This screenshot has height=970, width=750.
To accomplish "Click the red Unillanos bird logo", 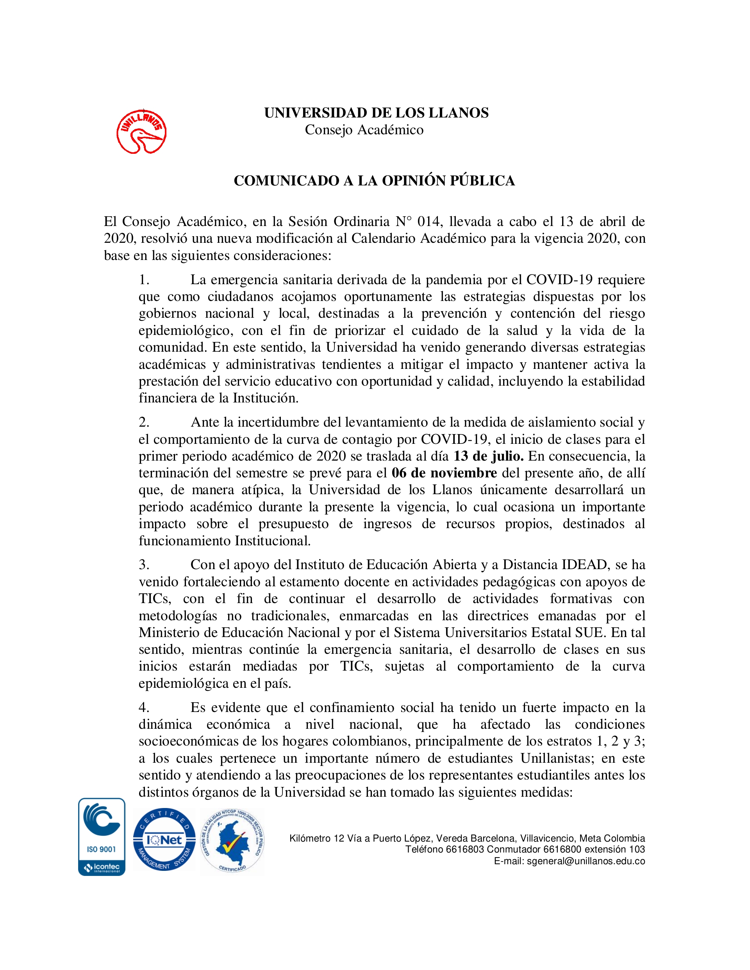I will click(x=141, y=132).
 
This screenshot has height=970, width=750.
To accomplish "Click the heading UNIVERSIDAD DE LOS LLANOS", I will click(x=376, y=113).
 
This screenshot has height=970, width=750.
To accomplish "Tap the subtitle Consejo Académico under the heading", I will click(x=364, y=130).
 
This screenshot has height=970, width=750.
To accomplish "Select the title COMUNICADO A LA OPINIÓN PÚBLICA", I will click(x=374, y=181).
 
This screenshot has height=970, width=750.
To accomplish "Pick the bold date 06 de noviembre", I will click(x=444, y=473).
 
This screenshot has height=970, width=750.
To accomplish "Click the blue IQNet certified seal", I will click(x=164, y=839).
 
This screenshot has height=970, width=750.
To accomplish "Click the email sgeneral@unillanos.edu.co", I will click(x=586, y=861).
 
